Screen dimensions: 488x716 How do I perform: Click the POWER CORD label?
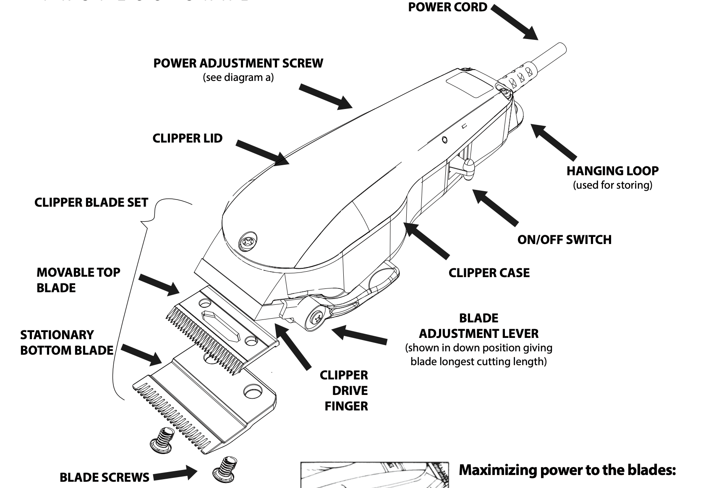coord(447,7)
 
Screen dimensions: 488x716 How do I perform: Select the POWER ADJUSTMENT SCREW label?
coord(238,63)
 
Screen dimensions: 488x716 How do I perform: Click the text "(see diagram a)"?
coord(238,78)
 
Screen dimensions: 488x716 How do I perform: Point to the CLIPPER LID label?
coord(187,138)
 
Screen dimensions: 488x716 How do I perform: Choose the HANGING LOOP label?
coord(612,171)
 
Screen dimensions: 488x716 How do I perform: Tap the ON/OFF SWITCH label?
coord(564,240)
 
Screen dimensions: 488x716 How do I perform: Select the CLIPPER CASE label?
coord(489,273)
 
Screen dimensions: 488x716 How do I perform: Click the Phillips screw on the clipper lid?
coord(247,243)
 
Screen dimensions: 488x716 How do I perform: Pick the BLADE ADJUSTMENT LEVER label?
coord(479,326)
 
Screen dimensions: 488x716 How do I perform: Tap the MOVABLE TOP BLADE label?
coord(78,280)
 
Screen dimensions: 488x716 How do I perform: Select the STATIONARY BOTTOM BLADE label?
coord(67,343)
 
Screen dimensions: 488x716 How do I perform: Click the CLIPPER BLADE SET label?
coord(91,202)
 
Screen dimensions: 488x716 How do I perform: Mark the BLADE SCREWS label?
coord(104,477)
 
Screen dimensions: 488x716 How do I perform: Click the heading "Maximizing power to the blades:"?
coord(567,470)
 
